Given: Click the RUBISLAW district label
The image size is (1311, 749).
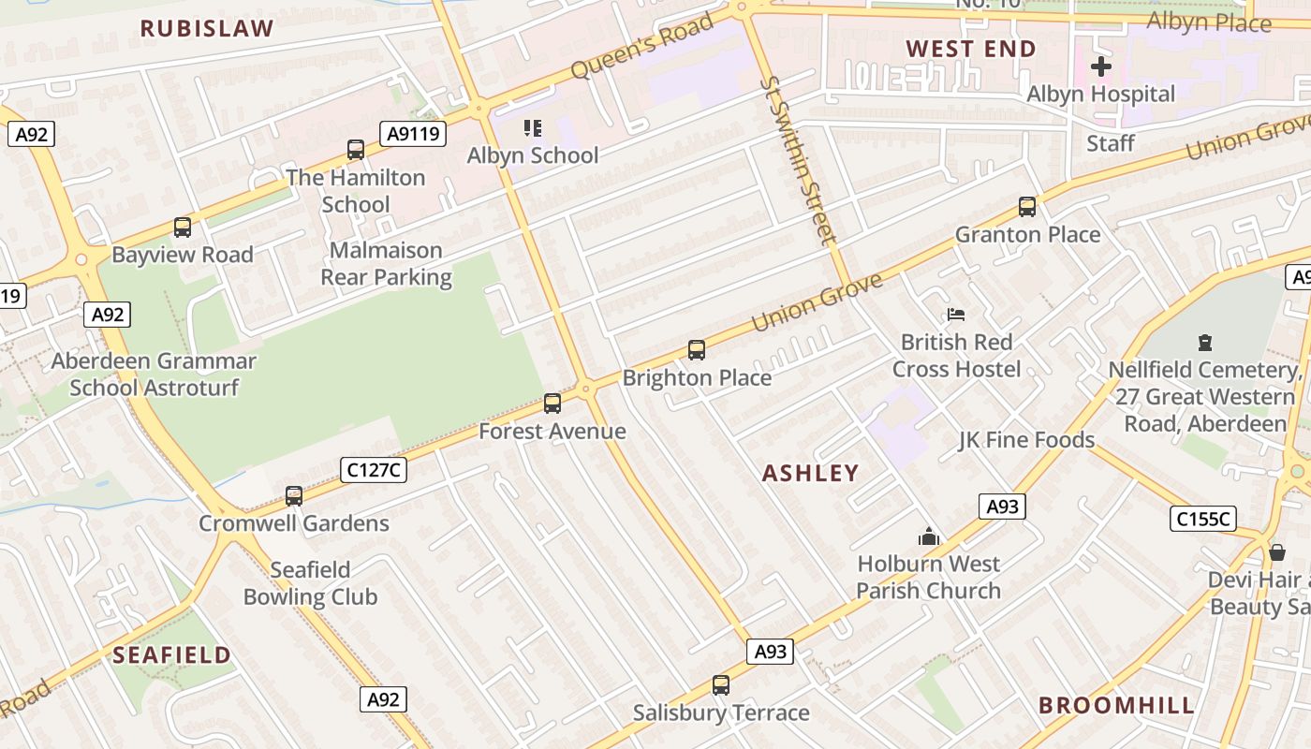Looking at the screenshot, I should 207,28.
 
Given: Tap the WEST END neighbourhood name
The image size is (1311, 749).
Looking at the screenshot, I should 971,49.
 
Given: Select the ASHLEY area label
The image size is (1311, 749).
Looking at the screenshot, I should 810,473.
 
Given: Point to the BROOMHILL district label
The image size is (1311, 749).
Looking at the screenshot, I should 1116,705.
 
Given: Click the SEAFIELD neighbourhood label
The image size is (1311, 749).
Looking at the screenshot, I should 171,654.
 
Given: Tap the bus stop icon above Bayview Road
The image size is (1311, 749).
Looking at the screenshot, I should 183,228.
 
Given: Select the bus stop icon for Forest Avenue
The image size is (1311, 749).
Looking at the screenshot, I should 552,404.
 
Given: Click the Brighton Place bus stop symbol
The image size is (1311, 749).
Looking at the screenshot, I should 697,350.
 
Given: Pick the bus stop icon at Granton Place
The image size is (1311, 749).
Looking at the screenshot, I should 1027,207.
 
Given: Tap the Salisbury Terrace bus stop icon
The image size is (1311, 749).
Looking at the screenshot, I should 720,685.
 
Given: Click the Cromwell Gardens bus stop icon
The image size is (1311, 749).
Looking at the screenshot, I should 294,496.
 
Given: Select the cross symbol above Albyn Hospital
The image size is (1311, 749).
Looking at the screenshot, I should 1101,66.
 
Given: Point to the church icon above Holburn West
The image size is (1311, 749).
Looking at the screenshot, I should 928,536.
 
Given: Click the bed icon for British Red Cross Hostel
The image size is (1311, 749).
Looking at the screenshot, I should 956,315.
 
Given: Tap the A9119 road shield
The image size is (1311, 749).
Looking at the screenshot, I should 413,134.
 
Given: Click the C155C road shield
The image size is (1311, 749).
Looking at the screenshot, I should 1203,518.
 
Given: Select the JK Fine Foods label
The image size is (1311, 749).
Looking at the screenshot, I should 1026,439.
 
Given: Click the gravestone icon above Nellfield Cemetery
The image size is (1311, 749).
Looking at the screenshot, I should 1205,343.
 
